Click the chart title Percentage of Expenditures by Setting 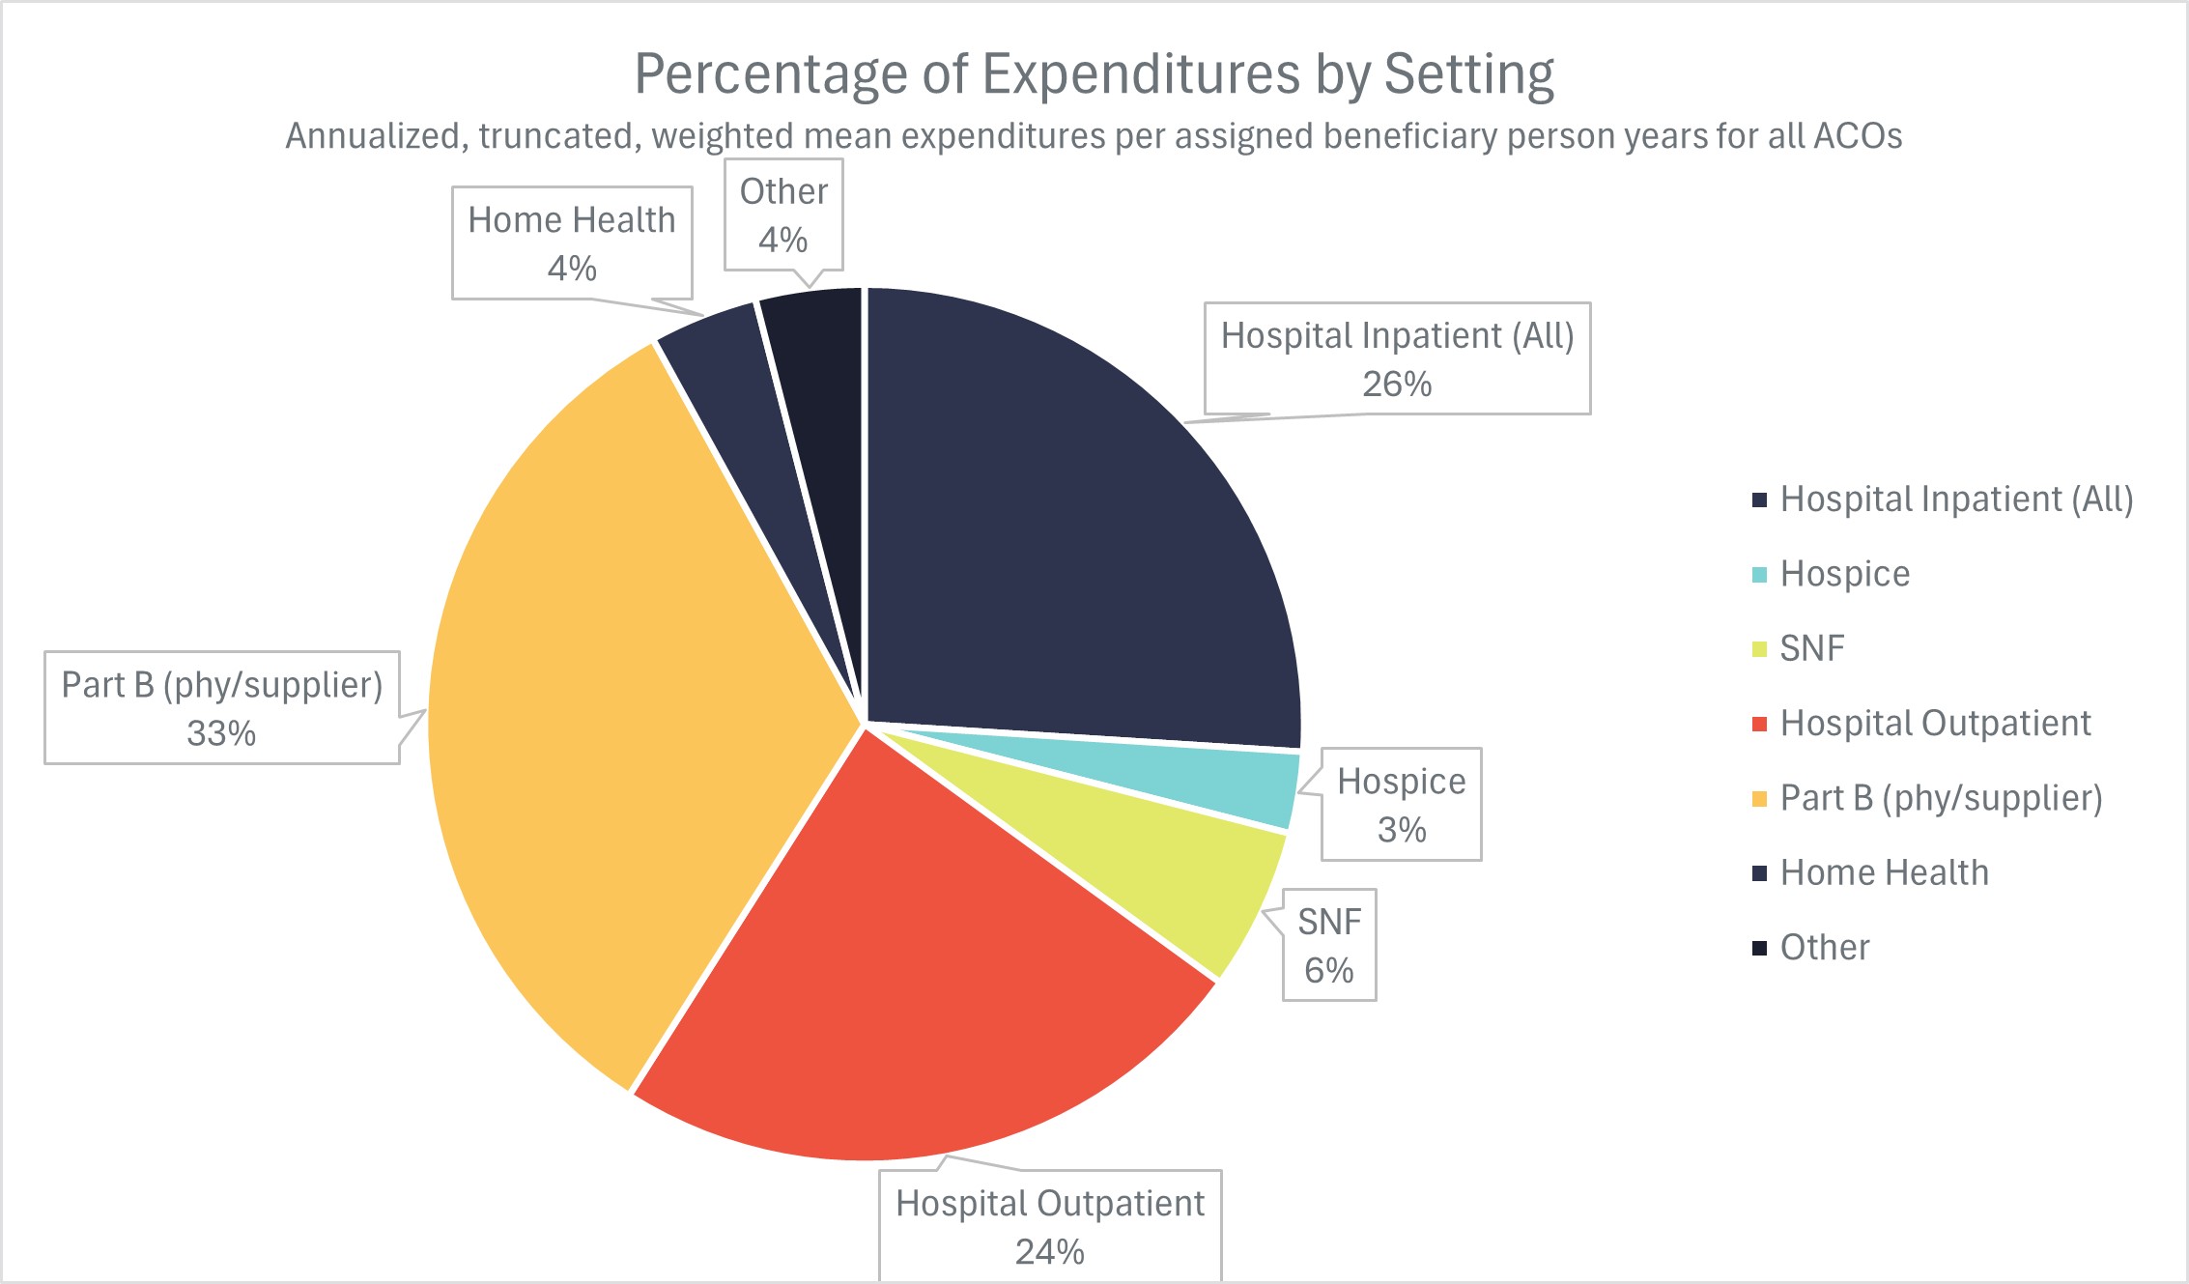(1094, 73)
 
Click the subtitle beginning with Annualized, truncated (1094, 136)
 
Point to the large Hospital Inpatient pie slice (1072, 541)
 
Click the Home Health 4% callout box (572, 243)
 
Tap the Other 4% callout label (783, 215)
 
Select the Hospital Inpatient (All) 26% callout (1397, 358)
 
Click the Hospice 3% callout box (1401, 804)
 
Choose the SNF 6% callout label (1329, 945)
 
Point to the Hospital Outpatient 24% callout (1050, 1226)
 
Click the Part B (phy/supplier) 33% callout (222, 708)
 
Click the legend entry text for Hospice (1844, 574)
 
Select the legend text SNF (1812, 648)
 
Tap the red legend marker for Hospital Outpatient (1759, 724)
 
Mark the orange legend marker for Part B (1759, 798)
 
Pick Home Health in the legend (1884, 872)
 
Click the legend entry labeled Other (1824, 948)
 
